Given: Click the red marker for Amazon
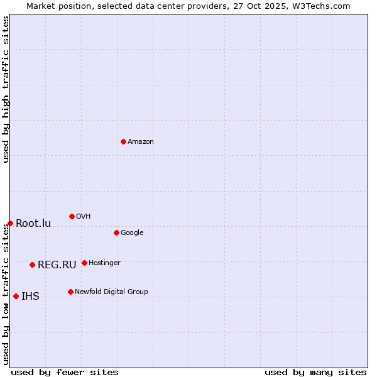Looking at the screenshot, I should [123, 141].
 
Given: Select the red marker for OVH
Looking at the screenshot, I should [72, 216].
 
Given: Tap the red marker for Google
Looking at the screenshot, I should [116, 232].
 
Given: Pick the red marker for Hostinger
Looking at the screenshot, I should [84, 263].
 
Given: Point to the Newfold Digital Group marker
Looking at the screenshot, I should [70, 292].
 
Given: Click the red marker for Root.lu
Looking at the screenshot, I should [10, 223].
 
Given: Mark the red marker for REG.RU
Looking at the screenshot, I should [32, 265].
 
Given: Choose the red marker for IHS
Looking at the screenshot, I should [16, 296].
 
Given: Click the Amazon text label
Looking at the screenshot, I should [141, 141].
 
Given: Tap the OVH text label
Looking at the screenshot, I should [84, 216].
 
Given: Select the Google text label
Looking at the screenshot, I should [132, 232].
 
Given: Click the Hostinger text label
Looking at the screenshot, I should [104, 263].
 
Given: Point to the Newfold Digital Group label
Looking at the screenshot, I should [111, 292].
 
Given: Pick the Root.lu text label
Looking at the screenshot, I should [33, 223].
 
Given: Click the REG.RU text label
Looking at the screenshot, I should [57, 265].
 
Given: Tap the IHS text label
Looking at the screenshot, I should [30, 296].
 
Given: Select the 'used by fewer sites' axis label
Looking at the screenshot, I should [65, 372].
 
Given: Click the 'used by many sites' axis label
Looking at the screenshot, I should [315, 372].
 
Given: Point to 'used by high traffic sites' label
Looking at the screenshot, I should [6, 89].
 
